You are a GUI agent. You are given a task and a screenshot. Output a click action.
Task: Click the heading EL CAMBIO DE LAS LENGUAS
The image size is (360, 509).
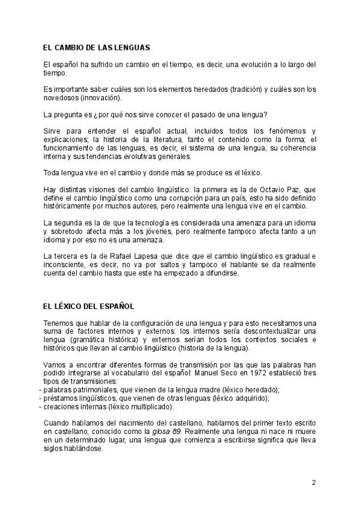(97, 47)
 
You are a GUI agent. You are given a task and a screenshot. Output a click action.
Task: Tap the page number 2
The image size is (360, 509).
(313, 482)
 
